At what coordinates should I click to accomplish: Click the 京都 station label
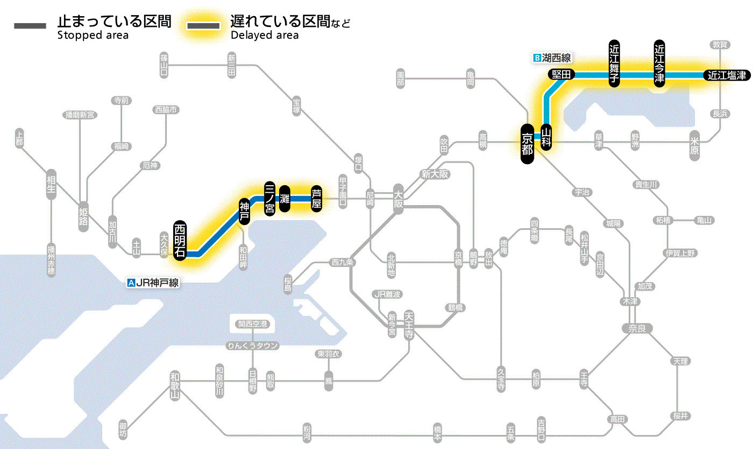tap(527, 143)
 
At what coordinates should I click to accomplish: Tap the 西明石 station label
tap(180, 240)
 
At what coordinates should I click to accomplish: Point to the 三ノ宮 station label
tap(270, 198)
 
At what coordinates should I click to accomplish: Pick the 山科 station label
tap(546, 136)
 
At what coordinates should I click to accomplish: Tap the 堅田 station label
tap(562, 75)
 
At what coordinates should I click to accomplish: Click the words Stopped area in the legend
tap(93, 36)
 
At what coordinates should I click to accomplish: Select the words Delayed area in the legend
tap(265, 36)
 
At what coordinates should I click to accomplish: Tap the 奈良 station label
tap(636, 328)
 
